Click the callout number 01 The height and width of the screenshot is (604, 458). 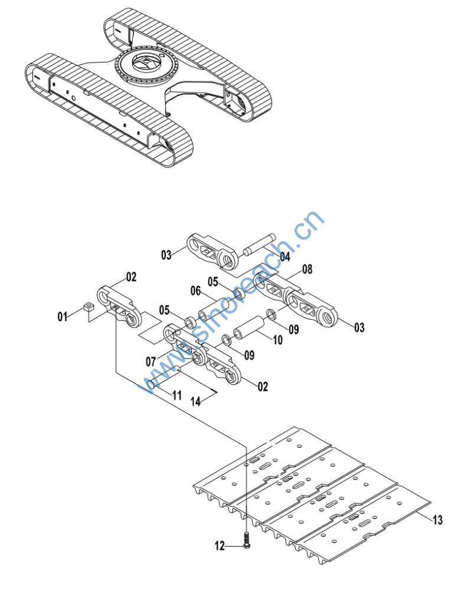coord(63,317)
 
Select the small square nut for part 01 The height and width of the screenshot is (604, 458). coord(89,307)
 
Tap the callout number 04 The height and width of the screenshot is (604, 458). coord(285,257)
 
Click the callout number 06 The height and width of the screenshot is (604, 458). coord(195,290)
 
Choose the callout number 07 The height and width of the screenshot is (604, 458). coord(151,362)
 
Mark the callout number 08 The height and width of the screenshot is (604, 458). coord(307,269)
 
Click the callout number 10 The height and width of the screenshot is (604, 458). coord(277,340)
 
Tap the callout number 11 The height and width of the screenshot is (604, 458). coord(176,395)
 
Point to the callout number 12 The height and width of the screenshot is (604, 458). coord(220,546)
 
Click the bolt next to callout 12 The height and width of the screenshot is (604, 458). coord(247,540)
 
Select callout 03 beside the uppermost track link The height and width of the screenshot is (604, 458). coord(166,255)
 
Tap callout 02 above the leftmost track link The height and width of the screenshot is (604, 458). coord(131,277)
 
